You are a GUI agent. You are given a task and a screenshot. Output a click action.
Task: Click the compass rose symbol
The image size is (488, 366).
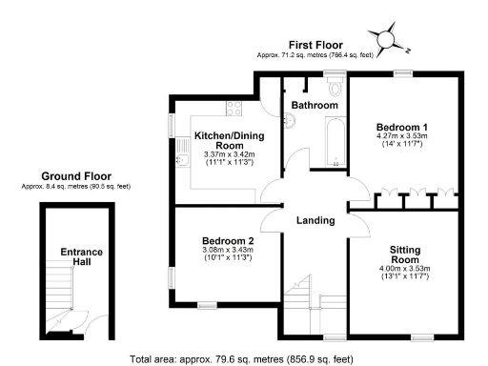coord(387,39)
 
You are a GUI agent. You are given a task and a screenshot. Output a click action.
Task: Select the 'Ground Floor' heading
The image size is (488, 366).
coord(75,176)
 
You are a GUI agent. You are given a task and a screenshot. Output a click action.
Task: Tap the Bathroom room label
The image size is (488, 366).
coord(315,104)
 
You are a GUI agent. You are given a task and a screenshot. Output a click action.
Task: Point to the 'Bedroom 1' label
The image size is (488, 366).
coord(401,127)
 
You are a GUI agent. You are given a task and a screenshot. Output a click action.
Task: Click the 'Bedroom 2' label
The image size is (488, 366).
coord(228,240)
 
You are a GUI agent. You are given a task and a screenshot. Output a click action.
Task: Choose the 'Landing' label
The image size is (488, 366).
coord(315,220)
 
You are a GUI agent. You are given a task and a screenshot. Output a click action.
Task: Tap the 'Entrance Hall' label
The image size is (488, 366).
coord(82,256)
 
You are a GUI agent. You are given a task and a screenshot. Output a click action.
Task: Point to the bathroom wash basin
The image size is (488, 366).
coord(289,119)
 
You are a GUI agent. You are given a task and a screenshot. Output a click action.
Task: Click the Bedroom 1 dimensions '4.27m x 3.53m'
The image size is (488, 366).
coord(401,136)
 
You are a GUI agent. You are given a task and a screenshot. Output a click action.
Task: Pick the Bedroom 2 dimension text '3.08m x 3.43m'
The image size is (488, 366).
coord(227,250)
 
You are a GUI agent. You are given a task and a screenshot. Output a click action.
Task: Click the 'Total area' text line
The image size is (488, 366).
coord(243,359)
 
